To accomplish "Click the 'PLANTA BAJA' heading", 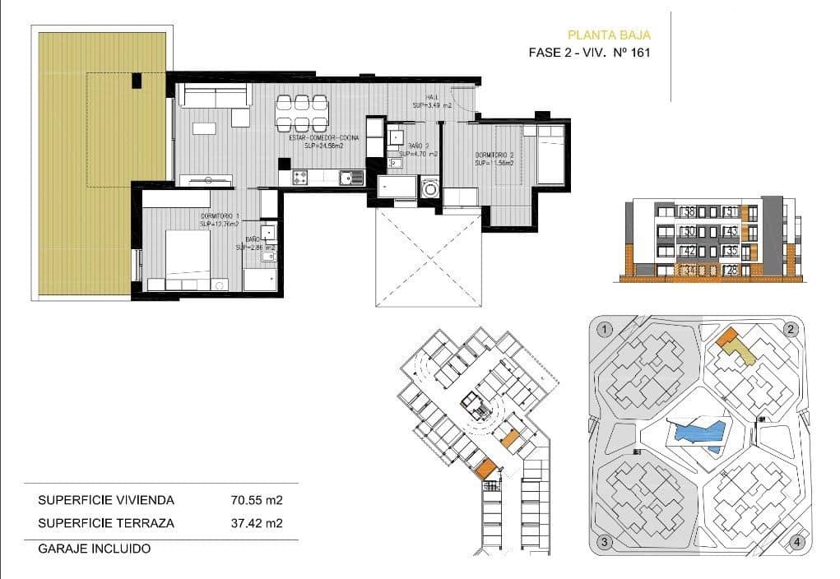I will [609, 35].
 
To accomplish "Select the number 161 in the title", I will [640, 53].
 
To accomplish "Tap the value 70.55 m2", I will [257, 499].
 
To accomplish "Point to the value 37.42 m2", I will [257, 522].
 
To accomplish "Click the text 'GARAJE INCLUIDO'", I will [95, 548].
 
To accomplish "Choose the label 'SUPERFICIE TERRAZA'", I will [106, 522].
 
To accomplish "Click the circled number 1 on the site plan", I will [606, 330].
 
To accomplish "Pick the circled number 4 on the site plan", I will [796, 542].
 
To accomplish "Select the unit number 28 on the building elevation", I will [731, 270].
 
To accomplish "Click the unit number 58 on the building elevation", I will [689, 211].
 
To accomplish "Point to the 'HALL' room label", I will [432, 97].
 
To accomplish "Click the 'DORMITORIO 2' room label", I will [494, 155].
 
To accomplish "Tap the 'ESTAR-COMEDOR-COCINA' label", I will [323, 138].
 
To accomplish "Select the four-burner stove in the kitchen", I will [300, 176].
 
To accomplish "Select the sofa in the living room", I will [214, 95].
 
